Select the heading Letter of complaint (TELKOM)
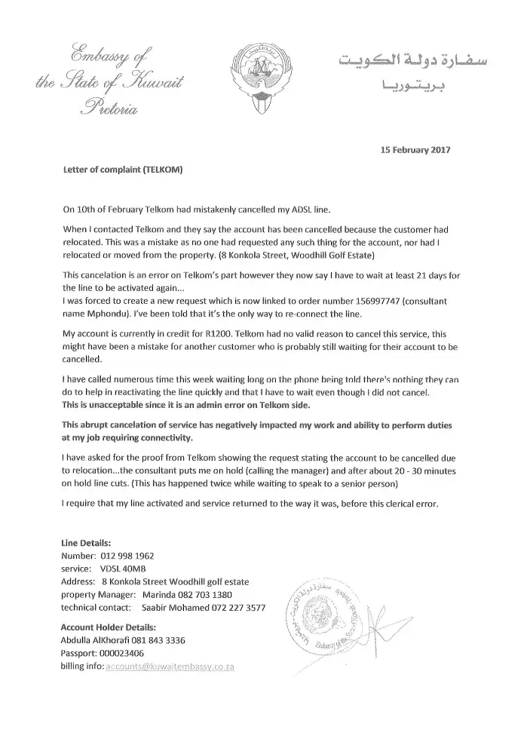click(121, 170)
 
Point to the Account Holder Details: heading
click(108, 627)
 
